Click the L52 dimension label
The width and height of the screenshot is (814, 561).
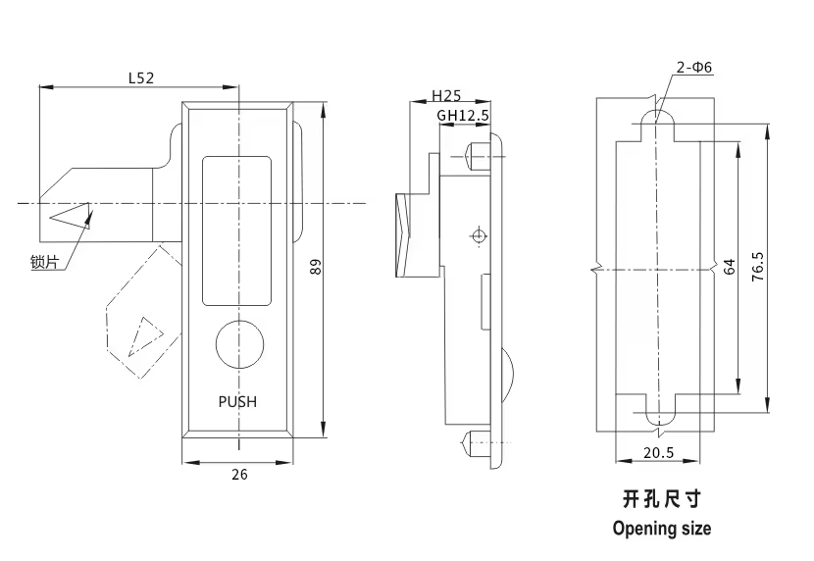click(x=141, y=77)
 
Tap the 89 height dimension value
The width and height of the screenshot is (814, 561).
click(x=315, y=267)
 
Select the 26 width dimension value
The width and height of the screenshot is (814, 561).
click(x=239, y=475)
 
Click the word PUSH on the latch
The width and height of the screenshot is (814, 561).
click(x=237, y=402)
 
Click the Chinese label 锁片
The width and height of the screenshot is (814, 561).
click(x=45, y=263)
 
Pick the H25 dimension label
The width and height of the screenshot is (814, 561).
click(x=446, y=95)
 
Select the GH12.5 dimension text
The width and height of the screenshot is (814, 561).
click(x=463, y=115)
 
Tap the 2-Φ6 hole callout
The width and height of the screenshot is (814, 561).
click(x=694, y=67)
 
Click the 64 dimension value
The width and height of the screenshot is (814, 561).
click(x=730, y=267)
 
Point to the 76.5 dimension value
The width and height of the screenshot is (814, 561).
click(x=758, y=267)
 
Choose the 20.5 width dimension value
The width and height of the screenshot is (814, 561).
click(x=658, y=453)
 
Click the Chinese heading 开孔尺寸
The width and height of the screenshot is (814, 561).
click(x=662, y=499)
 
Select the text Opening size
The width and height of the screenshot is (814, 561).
click(x=662, y=529)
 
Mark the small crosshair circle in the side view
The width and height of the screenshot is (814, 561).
click(x=479, y=236)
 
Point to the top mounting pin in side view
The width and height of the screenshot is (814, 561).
click(x=479, y=157)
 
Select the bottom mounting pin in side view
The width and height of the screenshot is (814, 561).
click(x=477, y=443)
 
